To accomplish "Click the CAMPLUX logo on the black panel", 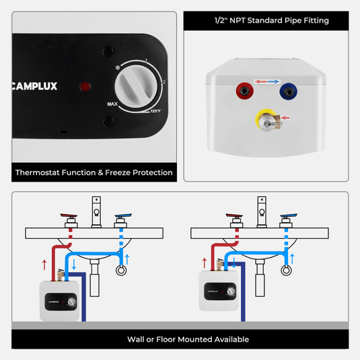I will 40,86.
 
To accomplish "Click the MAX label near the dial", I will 112,104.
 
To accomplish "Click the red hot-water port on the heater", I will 241,90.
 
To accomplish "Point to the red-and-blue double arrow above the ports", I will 266,81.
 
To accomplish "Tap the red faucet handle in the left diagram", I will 69,217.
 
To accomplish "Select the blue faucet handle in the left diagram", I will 122,217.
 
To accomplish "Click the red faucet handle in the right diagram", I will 234,217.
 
